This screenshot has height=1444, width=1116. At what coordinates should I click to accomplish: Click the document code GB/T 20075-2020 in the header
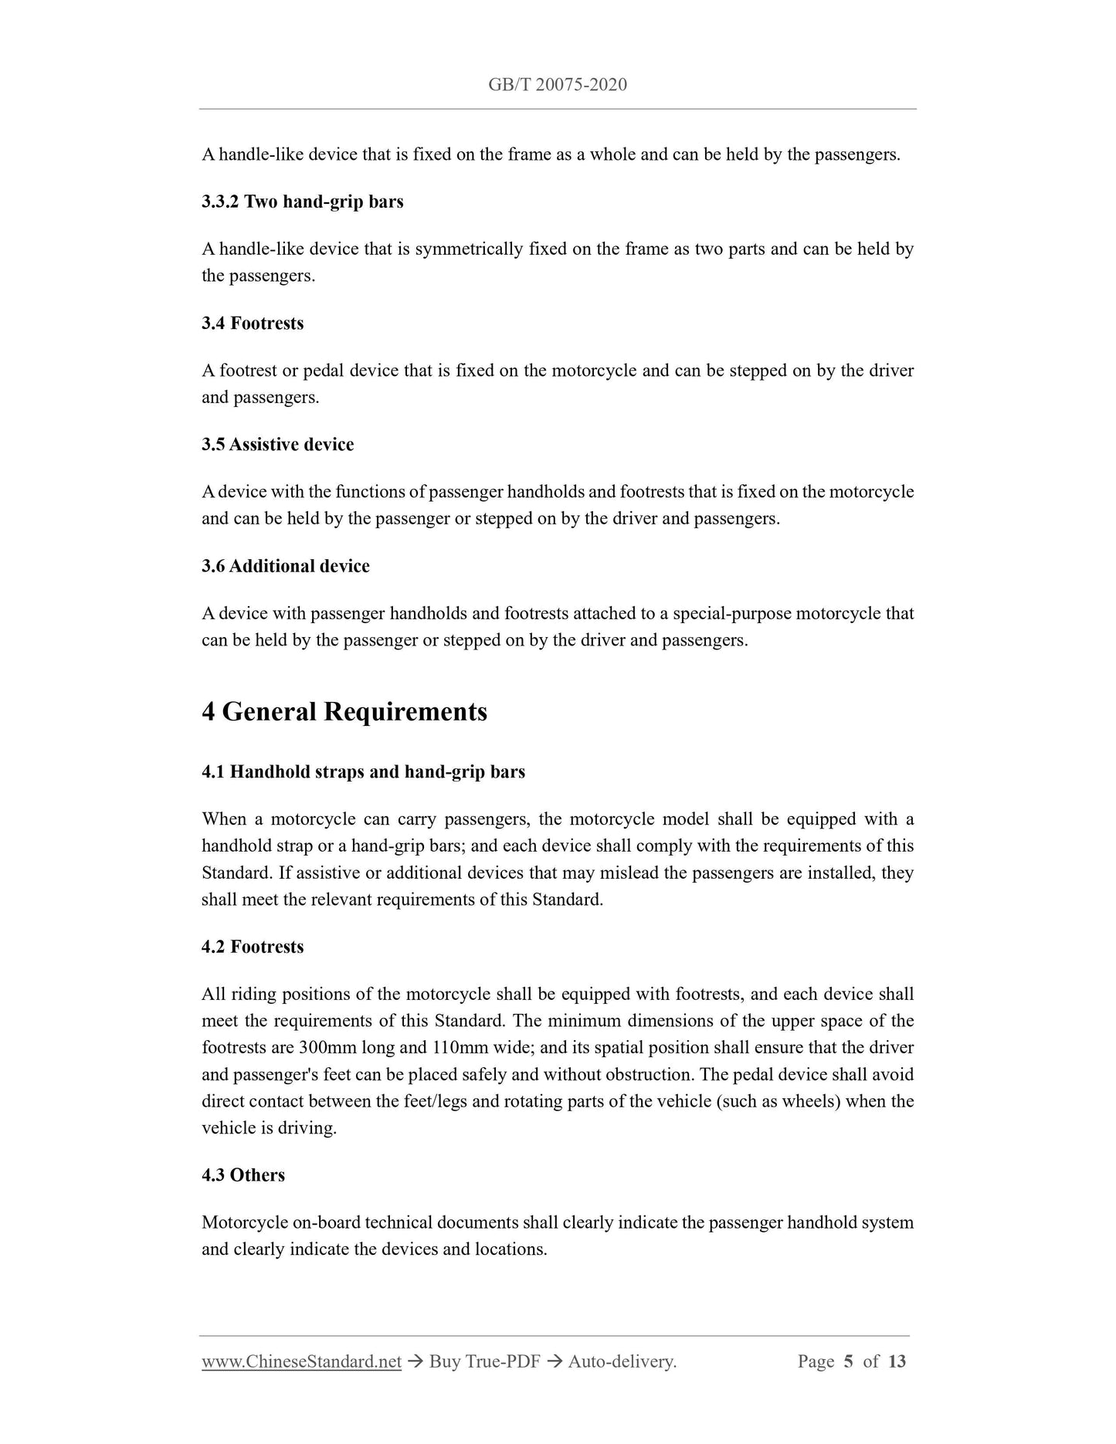click(557, 85)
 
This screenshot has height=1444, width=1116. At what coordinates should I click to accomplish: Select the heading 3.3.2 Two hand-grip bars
click(302, 202)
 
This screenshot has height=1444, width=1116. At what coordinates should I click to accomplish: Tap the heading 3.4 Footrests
click(253, 323)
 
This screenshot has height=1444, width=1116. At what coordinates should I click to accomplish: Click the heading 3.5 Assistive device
click(277, 444)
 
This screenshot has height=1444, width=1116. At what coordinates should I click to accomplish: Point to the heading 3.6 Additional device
click(285, 566)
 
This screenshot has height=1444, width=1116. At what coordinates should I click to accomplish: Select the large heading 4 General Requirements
click(344, 711)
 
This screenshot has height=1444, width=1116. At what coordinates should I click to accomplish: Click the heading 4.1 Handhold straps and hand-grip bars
click(363, 771)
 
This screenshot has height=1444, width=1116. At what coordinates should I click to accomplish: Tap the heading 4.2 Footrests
click(253, 947)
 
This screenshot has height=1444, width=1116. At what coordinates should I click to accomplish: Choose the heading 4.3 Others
click(243, 1175)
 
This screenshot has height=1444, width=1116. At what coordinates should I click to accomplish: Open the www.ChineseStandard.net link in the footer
click(301, 1361)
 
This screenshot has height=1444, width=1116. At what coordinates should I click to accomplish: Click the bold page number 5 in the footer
click(848, 1361)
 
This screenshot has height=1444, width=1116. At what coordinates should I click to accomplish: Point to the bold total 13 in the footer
click(897, 1361)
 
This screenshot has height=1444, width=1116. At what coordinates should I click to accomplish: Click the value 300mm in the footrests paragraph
click(328, 1048)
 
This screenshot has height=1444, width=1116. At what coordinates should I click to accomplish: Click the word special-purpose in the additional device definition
click(731, 614)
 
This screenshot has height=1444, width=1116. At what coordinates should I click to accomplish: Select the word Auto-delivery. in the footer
click(622, 1361)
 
